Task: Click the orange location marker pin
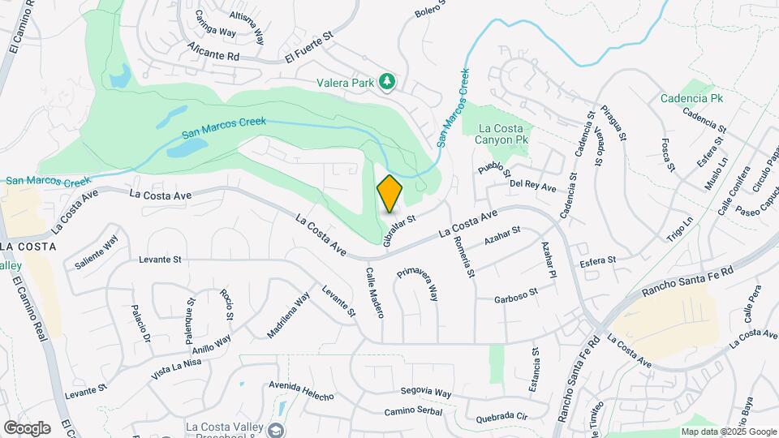389,193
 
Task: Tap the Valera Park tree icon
388,80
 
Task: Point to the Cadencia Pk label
691,98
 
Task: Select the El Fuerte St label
309,58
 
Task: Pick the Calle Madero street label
374,293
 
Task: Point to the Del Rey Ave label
532,187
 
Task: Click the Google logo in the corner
27,427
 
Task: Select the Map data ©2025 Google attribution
727,432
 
